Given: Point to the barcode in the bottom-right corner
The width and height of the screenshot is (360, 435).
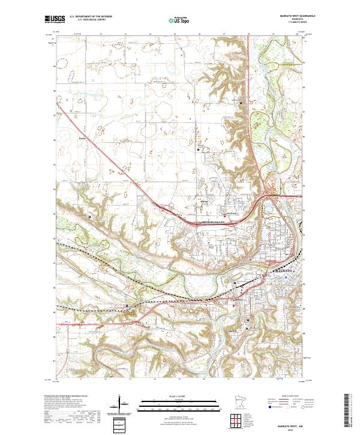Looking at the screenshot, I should click(x=348, y=413).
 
